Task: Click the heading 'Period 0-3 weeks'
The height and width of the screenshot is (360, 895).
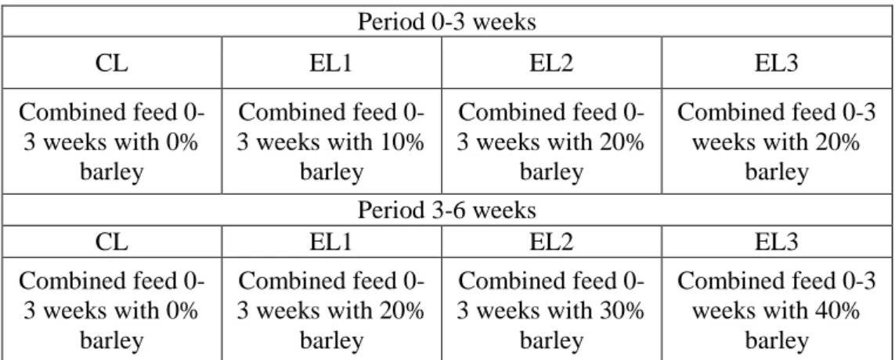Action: coord(446,22)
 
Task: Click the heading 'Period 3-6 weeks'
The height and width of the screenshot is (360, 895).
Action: coord(446,210)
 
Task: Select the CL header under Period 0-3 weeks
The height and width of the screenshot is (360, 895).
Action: coord(112,63)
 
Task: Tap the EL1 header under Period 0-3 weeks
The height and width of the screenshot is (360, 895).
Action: coord(331,63)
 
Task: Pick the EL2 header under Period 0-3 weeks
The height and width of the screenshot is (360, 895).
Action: coord(551,63)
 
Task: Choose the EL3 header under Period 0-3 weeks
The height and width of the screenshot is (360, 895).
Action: coord(776,63)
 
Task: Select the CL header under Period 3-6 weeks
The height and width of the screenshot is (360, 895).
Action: coord(112,242)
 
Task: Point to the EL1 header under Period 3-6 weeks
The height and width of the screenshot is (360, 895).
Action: coord(331,242)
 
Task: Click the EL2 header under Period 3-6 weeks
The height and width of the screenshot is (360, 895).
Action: coord(551,242)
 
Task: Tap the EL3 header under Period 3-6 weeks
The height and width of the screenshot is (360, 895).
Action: coord(776,242)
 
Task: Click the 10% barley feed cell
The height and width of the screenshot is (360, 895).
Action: coord(331,142)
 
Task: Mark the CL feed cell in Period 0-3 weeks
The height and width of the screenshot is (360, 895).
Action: coord(112,142)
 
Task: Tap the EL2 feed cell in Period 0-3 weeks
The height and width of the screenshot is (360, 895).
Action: coord(551,142)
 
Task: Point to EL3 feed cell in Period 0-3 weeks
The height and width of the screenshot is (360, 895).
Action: coord(776,142)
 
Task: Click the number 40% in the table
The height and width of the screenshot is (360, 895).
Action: coord(838,311)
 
